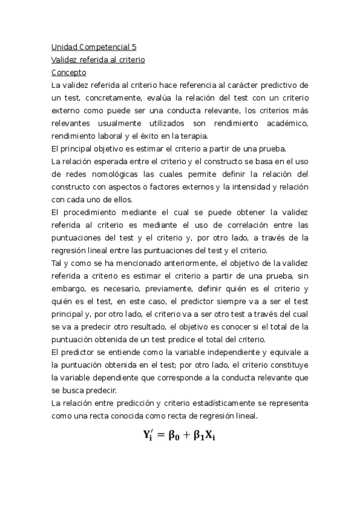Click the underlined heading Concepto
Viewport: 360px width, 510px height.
(x=69, y=72)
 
